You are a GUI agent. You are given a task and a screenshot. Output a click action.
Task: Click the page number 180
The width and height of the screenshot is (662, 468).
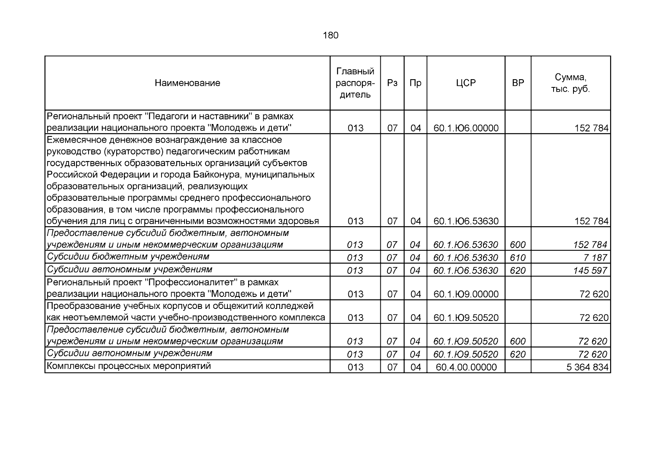point(331,35)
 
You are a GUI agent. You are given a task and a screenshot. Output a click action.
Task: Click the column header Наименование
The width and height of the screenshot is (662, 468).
point(187,83)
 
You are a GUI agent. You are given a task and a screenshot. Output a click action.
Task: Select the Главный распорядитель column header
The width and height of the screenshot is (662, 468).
point(355,83)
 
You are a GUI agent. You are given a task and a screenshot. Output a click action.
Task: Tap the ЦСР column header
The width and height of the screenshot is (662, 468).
point(466,83)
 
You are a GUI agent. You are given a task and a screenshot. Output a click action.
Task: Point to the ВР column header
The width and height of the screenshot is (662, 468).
point(518,83)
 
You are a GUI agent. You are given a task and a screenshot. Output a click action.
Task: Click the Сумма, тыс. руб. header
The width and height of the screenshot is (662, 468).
point(570,83)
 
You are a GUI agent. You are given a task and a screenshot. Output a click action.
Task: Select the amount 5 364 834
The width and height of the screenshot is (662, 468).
point(587,367)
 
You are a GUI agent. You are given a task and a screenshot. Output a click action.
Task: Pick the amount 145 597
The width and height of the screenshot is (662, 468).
point(590,271)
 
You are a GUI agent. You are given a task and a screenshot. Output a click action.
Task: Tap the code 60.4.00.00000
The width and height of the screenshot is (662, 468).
point(466,367)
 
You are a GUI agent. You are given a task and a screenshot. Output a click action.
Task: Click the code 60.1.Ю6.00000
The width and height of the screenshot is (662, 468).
point(466,128)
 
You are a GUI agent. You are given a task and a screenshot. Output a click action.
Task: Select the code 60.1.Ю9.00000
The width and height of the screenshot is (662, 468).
point(466,294)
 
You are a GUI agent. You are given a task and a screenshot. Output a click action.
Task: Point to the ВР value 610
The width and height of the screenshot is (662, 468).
point(518,258)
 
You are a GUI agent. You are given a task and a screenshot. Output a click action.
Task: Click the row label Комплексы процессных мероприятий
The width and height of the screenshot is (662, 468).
point(129,366)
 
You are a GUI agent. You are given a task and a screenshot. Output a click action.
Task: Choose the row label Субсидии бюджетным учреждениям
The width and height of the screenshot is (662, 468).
point(128,257)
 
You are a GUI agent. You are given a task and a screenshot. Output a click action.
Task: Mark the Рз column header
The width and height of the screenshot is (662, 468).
point(392,83)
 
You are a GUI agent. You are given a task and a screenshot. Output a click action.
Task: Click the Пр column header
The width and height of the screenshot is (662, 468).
point(415,83)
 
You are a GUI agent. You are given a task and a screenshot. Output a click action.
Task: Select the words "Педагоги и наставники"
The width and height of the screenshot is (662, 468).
point(197,116)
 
